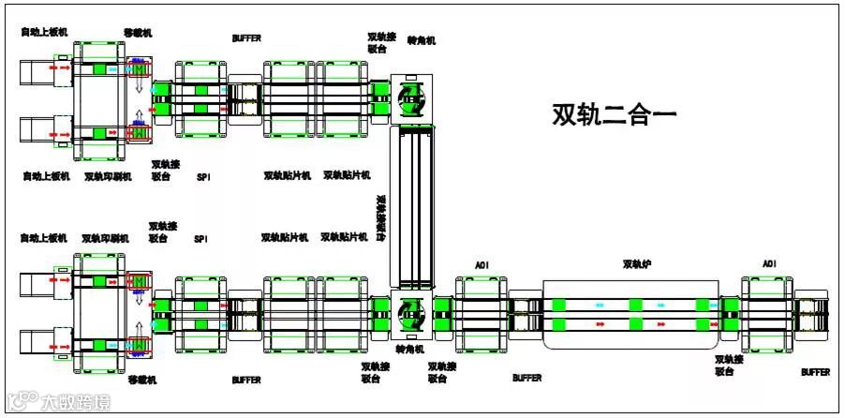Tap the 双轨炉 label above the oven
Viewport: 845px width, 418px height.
637,265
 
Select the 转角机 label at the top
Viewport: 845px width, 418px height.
421,41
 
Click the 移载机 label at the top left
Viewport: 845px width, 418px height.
138,33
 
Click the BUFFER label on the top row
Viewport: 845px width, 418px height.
246,38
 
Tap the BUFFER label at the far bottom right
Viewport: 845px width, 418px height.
815,372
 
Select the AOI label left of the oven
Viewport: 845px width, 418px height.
482,266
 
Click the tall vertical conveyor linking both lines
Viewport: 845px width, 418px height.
412,206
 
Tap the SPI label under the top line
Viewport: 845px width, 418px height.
203,176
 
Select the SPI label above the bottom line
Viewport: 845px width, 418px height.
200,240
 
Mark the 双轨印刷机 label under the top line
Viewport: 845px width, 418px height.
107,176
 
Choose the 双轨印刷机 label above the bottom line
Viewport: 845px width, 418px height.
105,239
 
